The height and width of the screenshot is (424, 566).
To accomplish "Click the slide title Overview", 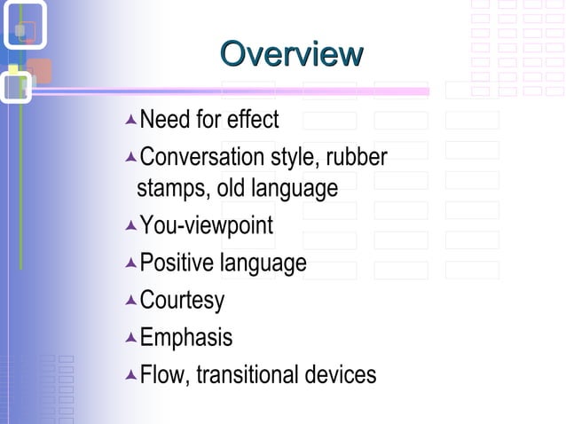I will point(291,53).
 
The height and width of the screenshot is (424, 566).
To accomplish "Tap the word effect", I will point(252,119).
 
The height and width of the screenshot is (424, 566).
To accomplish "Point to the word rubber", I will point(357,158).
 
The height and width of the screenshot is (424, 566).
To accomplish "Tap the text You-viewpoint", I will point(207,226).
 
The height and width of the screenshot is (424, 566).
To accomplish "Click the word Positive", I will point(177,263).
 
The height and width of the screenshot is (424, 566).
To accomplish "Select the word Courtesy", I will point(182,300).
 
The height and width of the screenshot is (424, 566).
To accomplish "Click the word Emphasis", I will point(186,337).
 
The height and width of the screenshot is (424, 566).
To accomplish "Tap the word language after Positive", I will point(263,263).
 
